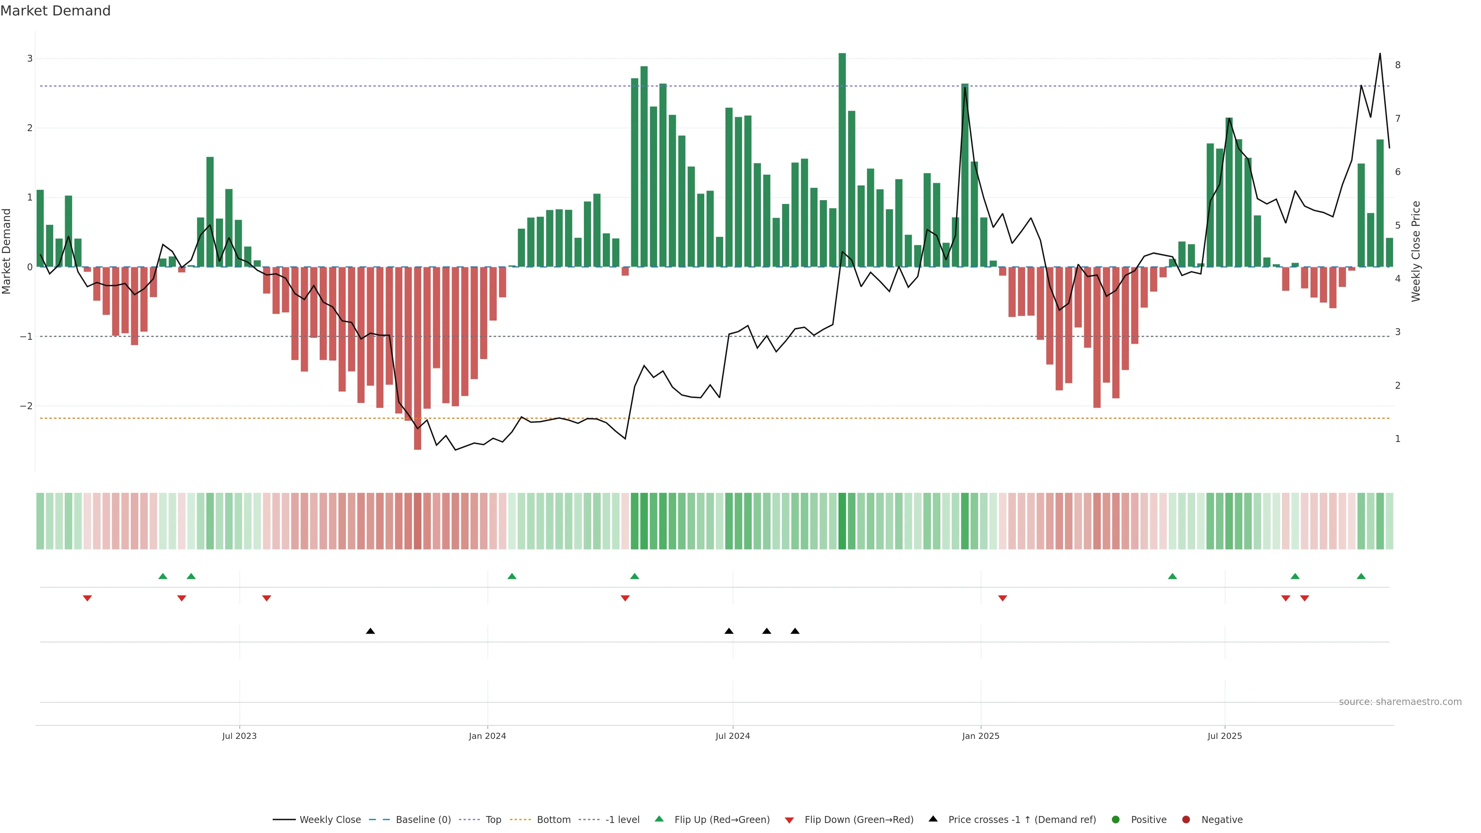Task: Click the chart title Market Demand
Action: [55, 11]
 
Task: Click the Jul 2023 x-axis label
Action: [239, 736]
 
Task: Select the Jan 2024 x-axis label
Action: [487, 736]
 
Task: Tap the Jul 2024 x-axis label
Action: [732, 736]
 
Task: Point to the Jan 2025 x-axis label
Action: [980, 736]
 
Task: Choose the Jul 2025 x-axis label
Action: [1225, 736]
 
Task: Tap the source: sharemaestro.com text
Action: [1400, 702]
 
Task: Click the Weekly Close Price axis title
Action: [1415, 251]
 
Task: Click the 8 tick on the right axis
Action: [1398, 65]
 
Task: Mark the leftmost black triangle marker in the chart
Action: [370, 631]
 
